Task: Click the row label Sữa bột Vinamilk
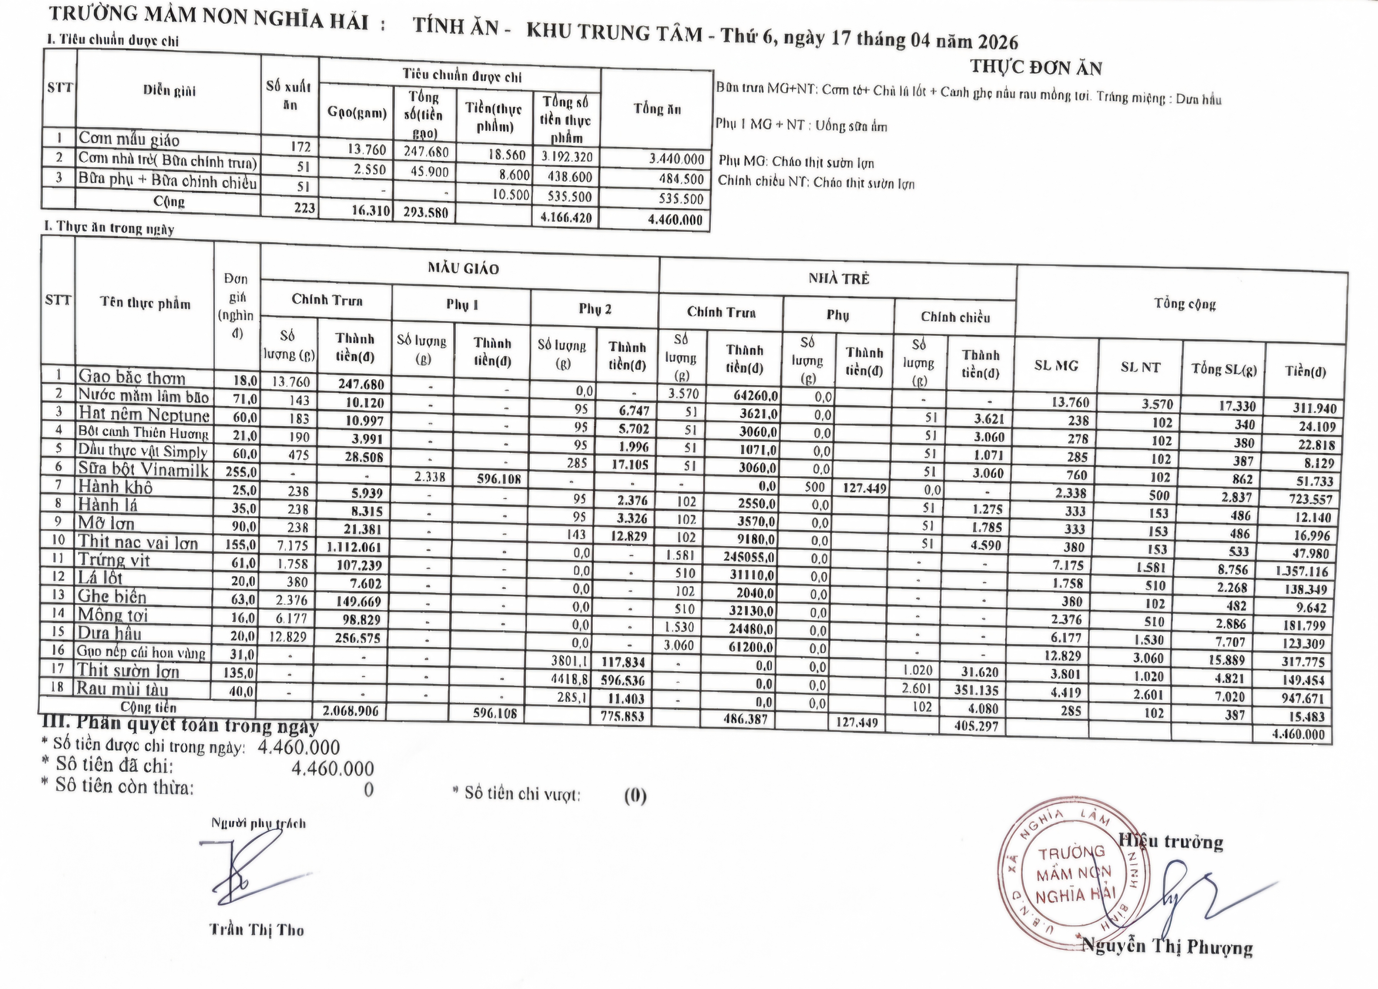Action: (x=143, y=470)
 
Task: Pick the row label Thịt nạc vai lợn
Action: (x=138, y=543)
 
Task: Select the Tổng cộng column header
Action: (x=1185, y=304)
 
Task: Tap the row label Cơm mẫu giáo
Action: (x=129, y=140)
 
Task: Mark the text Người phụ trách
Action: (x=258, y=823)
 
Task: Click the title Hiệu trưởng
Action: (x=1171, y=842)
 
